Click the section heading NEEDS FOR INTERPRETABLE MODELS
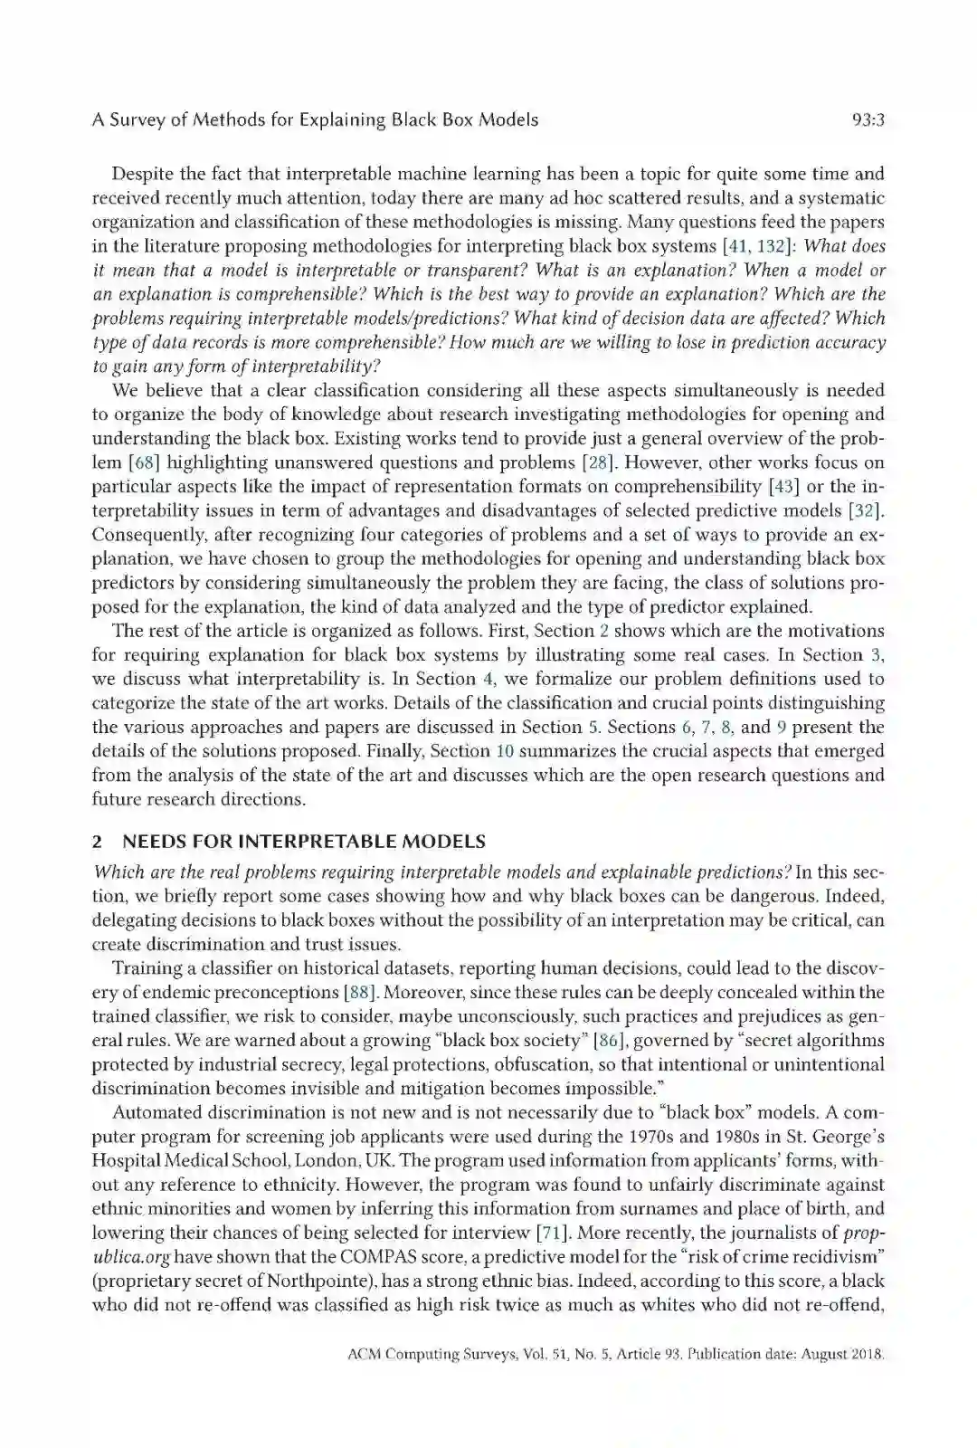[x=304, y=842]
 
